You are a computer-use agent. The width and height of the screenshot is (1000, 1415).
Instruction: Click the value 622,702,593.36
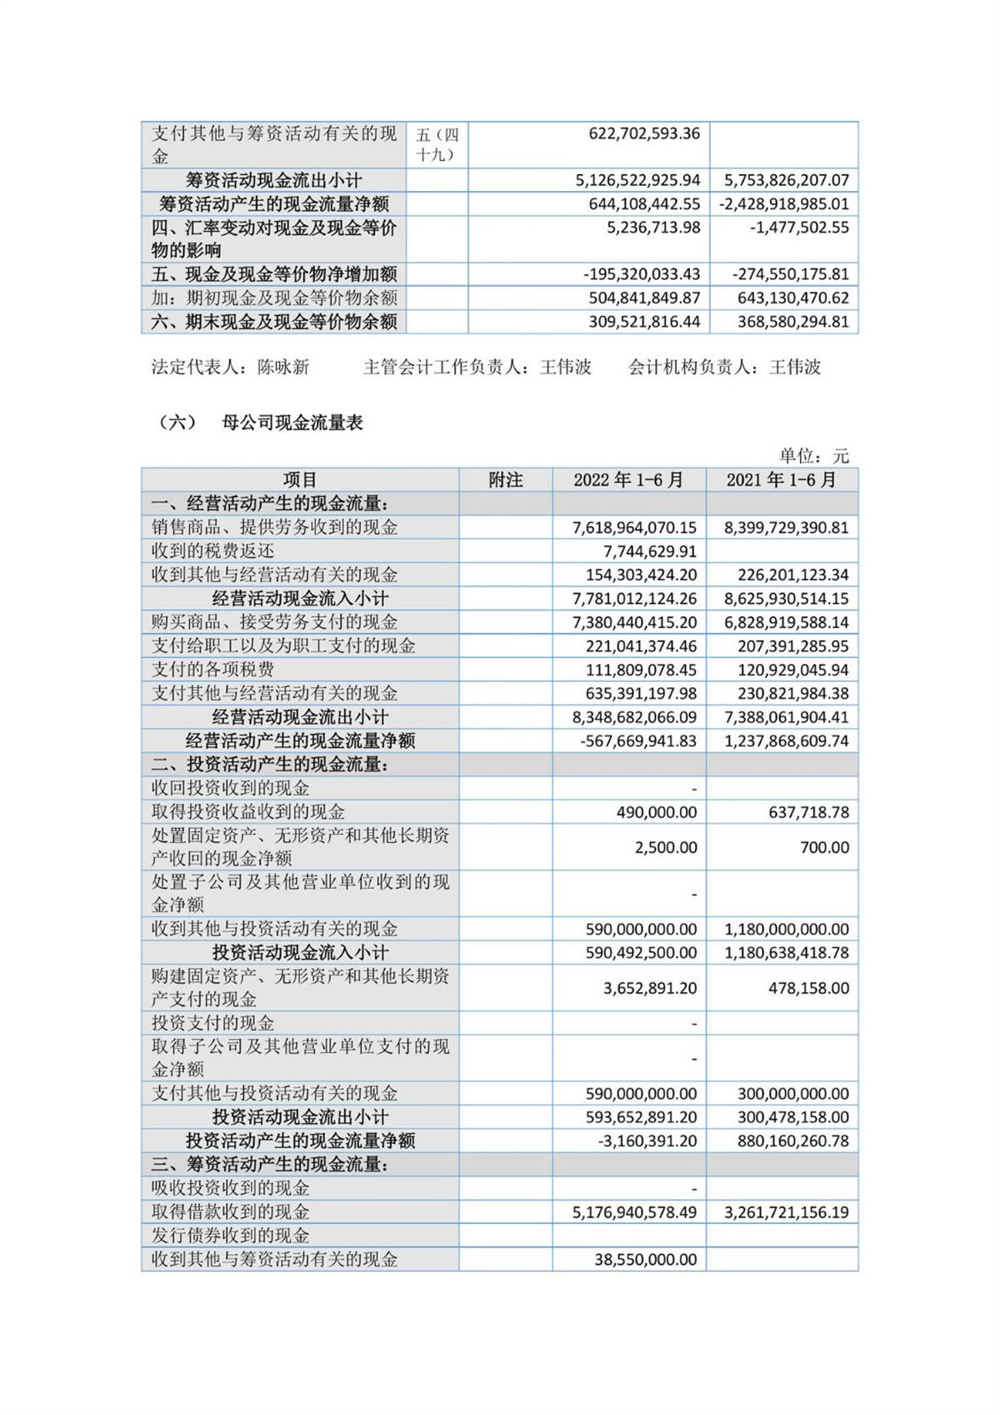pyautogui.click(x=643, y=133)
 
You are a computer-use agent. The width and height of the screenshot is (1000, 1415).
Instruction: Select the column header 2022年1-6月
pyautogui.click(x=628, y=480)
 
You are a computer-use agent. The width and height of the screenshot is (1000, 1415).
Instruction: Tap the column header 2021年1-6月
pyautogui.click(x=781, y=480)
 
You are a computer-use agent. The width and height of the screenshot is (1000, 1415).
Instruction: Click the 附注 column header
pyautogui.click(x=505, y=480)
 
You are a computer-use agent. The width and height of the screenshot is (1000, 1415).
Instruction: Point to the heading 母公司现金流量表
pyautogui.click(x=292, y=423)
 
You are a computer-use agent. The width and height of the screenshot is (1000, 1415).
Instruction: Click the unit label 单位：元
pyautogui.click(x=813, y=455)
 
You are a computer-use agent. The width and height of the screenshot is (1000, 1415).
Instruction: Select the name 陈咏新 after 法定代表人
pyautogui.click(x=283, y=367)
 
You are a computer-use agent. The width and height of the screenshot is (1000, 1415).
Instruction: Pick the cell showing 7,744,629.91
pyautogui.click(x=649, y=551)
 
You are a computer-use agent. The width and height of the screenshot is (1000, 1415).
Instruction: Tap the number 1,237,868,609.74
pyautogui.click(x=786, y=740)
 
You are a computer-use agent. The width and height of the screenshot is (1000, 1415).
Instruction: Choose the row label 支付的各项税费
pyautogui.click(x=212, y=670)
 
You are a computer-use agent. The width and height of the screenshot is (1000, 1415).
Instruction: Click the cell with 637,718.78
pyautogui.click(x=808, y=812)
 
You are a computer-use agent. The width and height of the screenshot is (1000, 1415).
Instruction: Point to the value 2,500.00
pyautogui.click(x=666, y=847)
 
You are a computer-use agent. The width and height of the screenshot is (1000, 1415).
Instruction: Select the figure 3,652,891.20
pyautogui.click(x=650, y=988)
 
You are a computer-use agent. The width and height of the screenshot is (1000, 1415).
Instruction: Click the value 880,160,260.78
pyautogui.click(x=792, y=1141)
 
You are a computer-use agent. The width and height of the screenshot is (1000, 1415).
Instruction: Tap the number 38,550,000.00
pyautogui.click(x=645, y=1259)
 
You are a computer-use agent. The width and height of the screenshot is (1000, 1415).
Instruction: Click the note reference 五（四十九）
pyautogui.click(x=437, y=144)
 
